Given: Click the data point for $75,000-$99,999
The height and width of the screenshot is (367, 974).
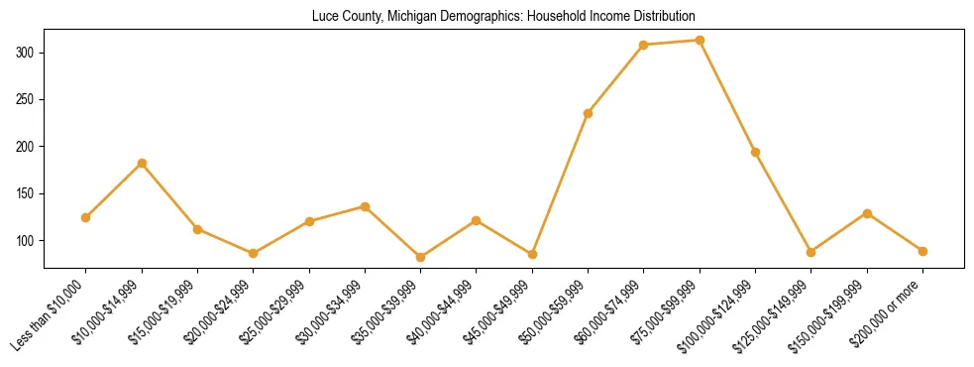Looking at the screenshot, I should coord(700,41).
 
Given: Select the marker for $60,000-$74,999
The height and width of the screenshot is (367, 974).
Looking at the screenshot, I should coord(644,45).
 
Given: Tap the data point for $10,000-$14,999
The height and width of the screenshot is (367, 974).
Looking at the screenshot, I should coord(142,163).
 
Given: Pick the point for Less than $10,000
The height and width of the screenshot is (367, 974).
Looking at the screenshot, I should coord(86,217).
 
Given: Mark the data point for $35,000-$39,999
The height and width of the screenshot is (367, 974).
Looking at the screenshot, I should coord(420,257).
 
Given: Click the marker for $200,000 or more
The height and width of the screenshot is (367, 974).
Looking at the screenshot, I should coord(922,251).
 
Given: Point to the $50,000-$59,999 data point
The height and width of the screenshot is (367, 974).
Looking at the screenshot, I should coord(588,113).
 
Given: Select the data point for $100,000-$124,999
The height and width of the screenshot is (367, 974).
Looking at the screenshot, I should coord(755,152).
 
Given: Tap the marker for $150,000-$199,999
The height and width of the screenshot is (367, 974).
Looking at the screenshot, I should coord(867,213).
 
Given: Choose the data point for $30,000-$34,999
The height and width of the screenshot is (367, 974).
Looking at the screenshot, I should coord(365,206).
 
